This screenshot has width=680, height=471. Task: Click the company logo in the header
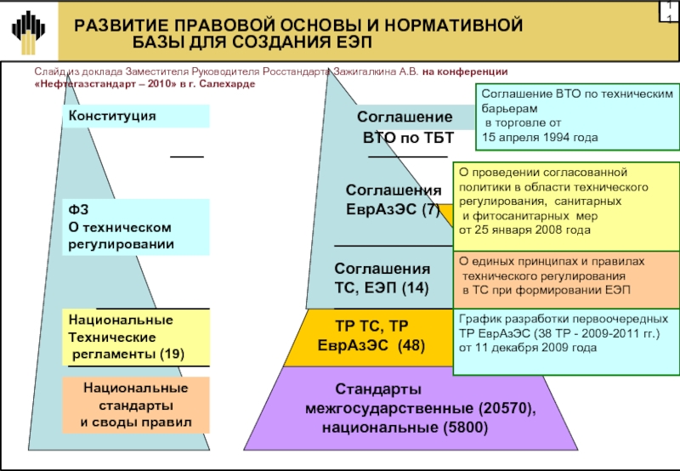(29, 30)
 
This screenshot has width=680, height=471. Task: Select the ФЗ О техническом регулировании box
(138, 227)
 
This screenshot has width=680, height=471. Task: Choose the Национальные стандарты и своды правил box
(136, 405)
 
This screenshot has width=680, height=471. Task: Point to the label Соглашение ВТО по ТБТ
(405, 128)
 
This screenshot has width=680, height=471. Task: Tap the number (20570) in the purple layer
(505, 409)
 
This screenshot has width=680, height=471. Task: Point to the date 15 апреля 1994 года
(540, 137)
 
